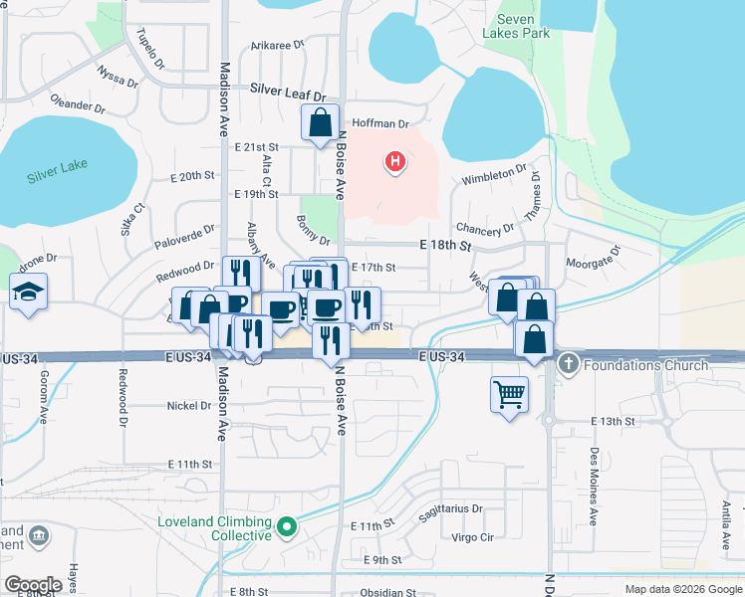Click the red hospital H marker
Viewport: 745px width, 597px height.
(395, 161)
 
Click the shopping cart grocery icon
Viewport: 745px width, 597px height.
(509, 394)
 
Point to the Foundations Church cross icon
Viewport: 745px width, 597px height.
(569, 364)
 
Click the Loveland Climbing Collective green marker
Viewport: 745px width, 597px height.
(288, 526)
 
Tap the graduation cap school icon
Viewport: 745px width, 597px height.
(28, 293)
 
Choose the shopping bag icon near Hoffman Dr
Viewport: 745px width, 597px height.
(321, 124)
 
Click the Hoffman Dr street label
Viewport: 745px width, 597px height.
(377, 124)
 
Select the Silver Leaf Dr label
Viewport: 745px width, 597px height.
(289, 91)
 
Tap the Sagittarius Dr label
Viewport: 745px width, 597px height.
(451, 508)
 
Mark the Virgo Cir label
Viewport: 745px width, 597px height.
(473, 537)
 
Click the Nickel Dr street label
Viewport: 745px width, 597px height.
(189, 406)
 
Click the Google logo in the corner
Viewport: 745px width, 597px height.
(32, 585)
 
